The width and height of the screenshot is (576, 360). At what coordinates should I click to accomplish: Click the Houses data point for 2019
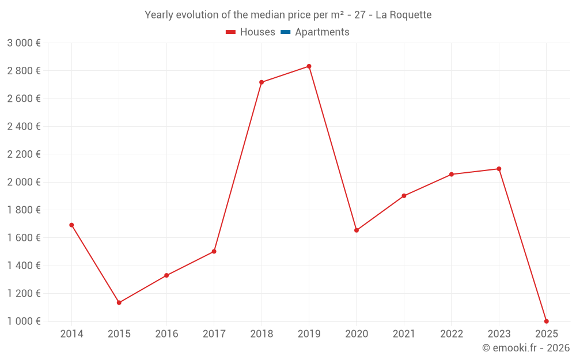(309, 66)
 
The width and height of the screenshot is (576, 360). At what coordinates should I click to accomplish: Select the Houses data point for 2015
(119, 302)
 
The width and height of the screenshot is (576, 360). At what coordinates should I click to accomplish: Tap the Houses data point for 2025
(546, 321)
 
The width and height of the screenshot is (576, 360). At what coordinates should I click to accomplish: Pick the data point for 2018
(262, 82)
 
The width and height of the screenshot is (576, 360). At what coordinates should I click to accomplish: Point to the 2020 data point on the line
(357, 230)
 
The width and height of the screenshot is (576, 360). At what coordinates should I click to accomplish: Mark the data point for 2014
(71, 225)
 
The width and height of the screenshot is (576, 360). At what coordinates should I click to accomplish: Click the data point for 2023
(499, 169)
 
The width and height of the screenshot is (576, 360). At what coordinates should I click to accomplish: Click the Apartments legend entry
(322, 32)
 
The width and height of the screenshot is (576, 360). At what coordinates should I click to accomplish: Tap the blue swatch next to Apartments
(285, 32)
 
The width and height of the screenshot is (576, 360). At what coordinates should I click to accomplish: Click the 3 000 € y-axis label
(24, 43)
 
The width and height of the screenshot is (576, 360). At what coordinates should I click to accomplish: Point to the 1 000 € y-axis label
(24, 321)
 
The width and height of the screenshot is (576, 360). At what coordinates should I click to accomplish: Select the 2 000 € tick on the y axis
(24, 182)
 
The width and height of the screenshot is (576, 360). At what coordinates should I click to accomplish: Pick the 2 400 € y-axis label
(24, 127)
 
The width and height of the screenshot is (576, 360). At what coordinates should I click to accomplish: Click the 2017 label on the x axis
(214, 334)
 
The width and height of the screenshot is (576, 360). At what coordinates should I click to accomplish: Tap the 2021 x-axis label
(404, 334)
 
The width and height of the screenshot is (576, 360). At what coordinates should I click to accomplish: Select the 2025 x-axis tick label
(546, 334)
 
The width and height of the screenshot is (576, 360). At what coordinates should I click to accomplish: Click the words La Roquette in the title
(403, 15)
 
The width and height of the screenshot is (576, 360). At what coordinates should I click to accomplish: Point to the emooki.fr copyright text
(526, 348)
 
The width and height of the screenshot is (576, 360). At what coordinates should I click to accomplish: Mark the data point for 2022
(452, 175)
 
